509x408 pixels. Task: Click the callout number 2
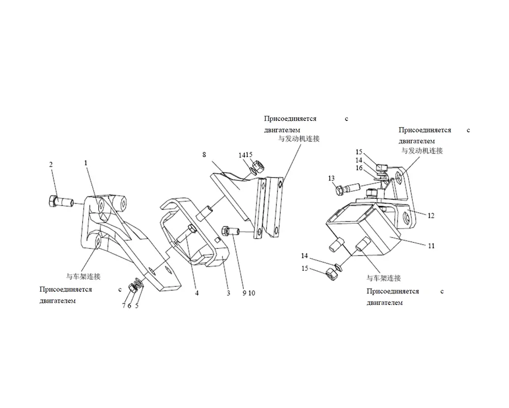[50, 165]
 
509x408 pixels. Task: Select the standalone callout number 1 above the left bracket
[86, 163]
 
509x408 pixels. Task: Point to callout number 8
[204, 155]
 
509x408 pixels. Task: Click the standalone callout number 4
[196, 293]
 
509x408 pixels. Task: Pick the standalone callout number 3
[229, 293]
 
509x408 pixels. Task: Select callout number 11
[431, 246]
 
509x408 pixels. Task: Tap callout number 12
[431, 216]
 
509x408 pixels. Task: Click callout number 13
[331, 178]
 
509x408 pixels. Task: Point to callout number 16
[359, 168]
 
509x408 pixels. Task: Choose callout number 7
[123, 306]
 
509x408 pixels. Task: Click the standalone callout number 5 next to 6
[136, 306]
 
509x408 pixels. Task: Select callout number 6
[129, 306]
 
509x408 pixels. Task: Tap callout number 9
[244, 293]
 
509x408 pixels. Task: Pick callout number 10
[251, 293]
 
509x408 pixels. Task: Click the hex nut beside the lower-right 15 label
[331, 274]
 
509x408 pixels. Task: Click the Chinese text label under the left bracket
[83, 276]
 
